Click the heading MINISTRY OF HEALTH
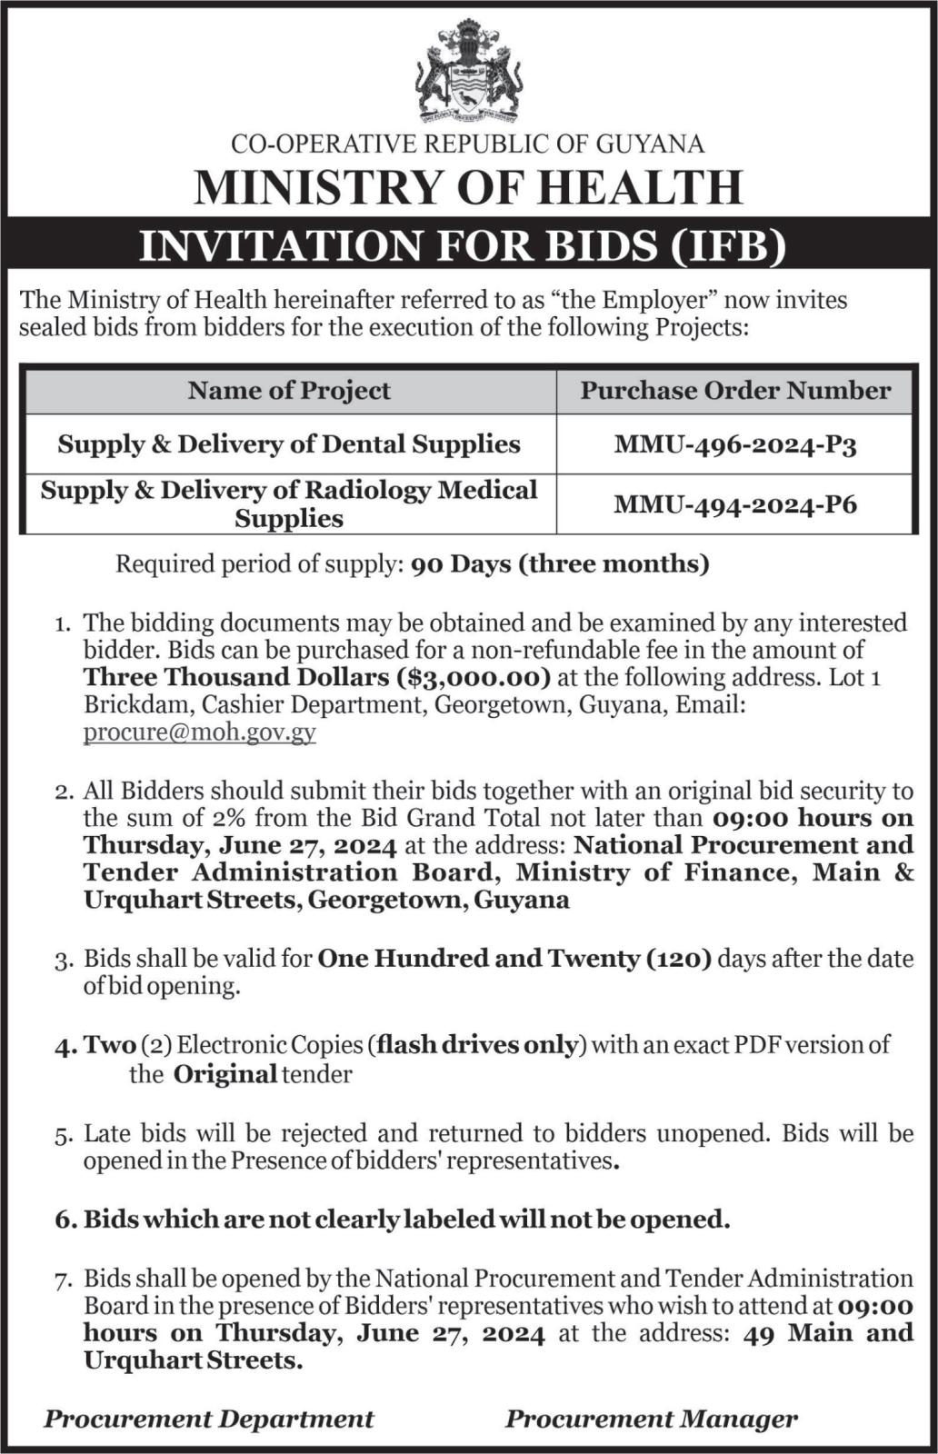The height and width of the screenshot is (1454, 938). [x=468, y=187]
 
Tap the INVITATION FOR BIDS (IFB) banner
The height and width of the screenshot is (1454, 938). [x=468, y=246]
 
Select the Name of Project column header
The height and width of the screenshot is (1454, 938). [x=289, y=391]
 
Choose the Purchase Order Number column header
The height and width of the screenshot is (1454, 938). [x=735, y=391]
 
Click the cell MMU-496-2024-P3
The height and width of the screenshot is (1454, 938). [x=735, y=444]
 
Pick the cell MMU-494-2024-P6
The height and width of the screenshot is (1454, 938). [x=735, y=504]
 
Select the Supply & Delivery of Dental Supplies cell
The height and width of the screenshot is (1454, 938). [x=289, y=444]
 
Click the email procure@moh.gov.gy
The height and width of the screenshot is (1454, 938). [x=200, y=732]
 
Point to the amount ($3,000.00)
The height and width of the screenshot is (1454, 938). [x=474, y=677]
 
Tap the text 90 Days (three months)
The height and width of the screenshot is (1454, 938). [x=560, y=564]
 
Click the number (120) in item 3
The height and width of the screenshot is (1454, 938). [x=680, y=959]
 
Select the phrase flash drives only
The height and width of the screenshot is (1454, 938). [x=477, y=1045]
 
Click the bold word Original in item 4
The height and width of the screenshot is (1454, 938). [x=225, y=1075]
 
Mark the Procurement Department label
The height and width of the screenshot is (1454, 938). [x=209, y=1419]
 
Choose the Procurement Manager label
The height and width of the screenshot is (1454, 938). [x=652, y=1419]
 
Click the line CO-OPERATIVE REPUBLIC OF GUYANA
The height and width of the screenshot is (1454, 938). [x=468, y=144]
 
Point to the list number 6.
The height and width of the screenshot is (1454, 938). [x=64, y=1220]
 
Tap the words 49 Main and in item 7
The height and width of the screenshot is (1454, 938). [x=827, y=1333]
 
